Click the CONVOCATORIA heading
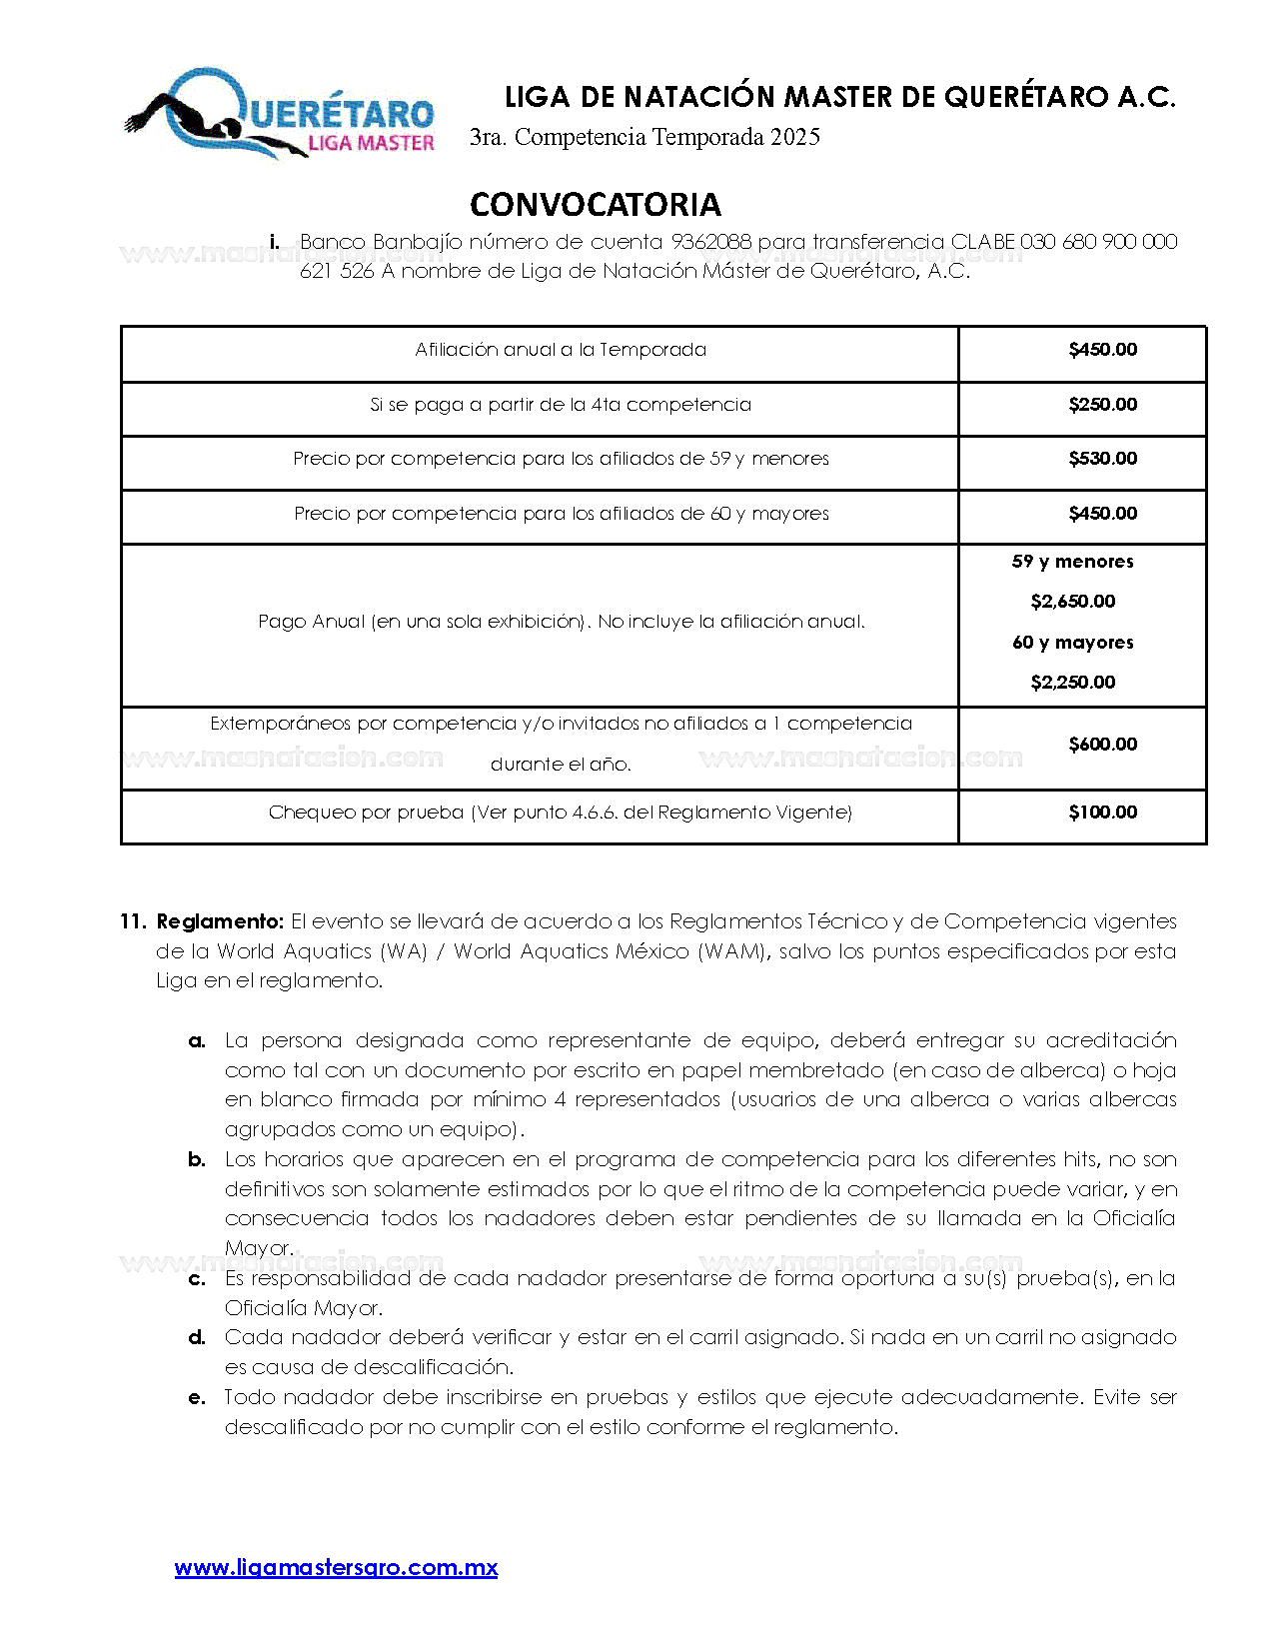(x=595, y=205)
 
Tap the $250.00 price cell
(x=1102, y=405)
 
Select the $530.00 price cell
(x=1102, y=459)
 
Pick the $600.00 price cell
(x=1102, y=745)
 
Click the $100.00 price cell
(x=1102, y=813)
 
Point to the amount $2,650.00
(x=1072, y=602)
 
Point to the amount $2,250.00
(x=1072, y=683)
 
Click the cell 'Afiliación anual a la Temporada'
(x=560, y=350)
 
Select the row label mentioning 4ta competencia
(x=560, y=405)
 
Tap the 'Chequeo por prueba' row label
(x=560, y=813)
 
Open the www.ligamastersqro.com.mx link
(x=336, y=1567)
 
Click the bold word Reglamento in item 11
(x=220, y=921)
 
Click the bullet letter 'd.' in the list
(x=197, y=1337)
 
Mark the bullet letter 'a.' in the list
(x=197, y=1040)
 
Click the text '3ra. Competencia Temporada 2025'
(x=644, y=137)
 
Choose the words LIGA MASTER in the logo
(x=371, y=143)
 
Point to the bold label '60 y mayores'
(x=1072, y=643)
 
